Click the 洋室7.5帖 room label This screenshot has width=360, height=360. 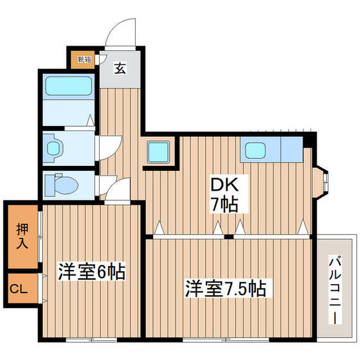(226, 286)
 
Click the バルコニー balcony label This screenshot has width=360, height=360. (335, 289)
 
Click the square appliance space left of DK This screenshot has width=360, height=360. (158, 152)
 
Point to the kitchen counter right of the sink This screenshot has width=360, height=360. (292, 150)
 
